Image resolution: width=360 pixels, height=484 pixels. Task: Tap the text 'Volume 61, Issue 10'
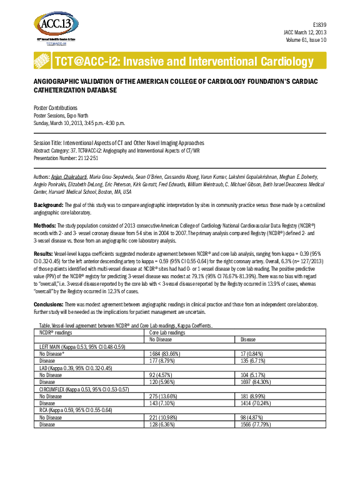tap(304, 39)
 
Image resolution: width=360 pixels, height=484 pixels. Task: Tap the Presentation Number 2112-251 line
tap(66, 158)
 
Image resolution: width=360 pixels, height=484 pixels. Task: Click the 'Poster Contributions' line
tap(55, 108)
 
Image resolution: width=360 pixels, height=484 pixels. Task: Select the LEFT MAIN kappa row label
tap(83, 346)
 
